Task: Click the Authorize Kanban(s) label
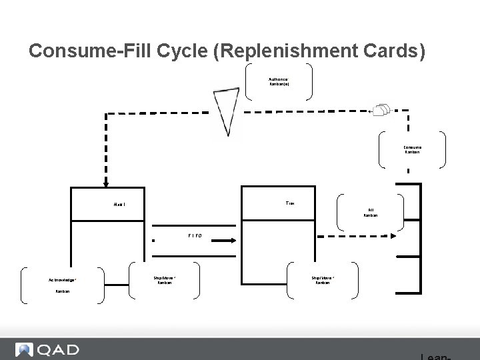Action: (x=279, y=81)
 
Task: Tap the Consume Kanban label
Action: (x=412, y=149)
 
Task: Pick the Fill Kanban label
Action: (x=370, y=213)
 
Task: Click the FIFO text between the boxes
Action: (x=194, y=235)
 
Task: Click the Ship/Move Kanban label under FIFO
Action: (x=164, y=280)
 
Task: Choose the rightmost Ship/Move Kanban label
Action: (x=323, y=280)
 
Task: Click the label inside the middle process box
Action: (x=289, y=202)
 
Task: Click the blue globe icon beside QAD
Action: (x=25, y=350)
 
